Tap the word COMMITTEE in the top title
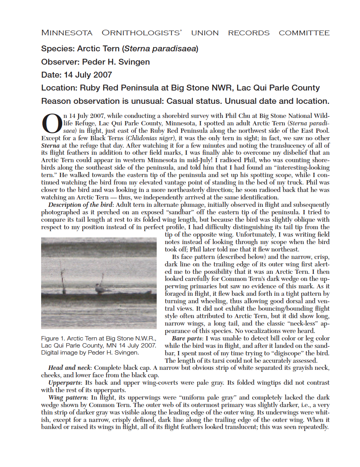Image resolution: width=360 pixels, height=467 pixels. [304, 33]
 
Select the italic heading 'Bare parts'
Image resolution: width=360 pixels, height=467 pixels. [187, 338]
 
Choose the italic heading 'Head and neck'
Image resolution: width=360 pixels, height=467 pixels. [69, 368]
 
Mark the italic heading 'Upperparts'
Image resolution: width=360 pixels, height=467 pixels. [65, 382]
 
